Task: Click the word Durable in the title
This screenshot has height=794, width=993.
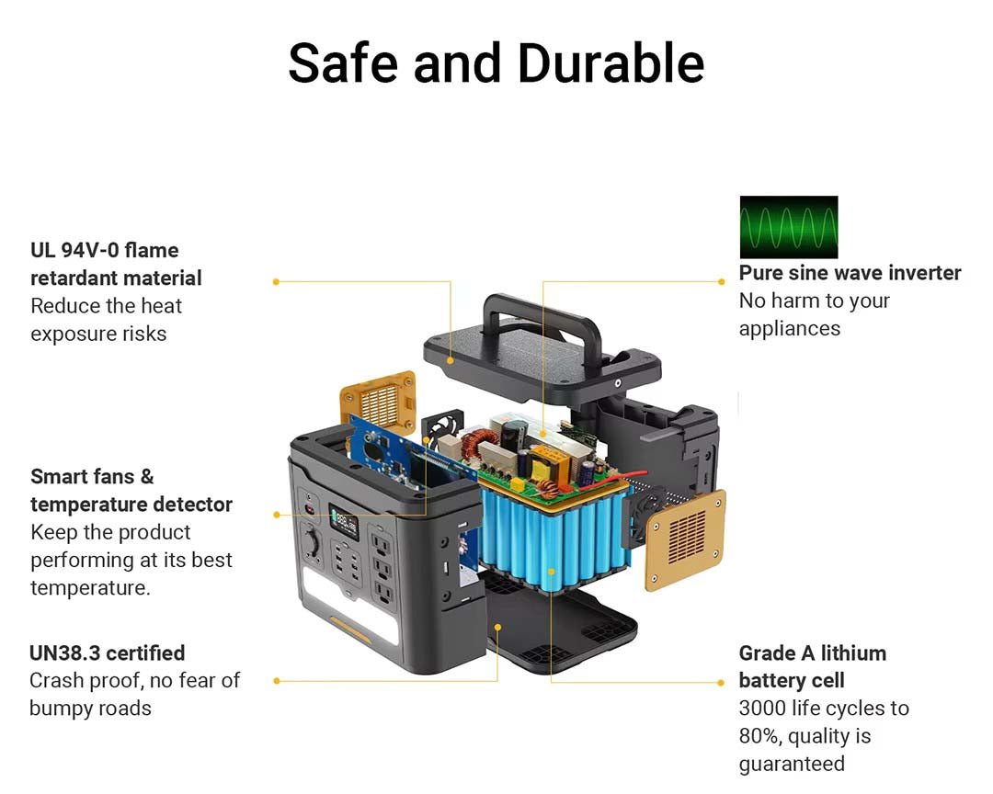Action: (611, 63)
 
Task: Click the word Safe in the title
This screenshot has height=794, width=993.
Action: (343, 63)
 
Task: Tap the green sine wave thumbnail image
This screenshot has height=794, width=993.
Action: (788, 227)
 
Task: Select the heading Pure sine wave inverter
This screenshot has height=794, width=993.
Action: (850, 273)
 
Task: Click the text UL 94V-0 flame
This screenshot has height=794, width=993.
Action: (104, 250)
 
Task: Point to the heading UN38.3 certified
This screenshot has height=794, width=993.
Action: (107, 653)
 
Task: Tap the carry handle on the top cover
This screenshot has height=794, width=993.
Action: (542, 317)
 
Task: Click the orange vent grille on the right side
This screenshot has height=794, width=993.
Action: (686, 539)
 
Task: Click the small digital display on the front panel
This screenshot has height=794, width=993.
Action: (345, 524)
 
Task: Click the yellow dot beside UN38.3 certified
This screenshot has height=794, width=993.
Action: (276, 681)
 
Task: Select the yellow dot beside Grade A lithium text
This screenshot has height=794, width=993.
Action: (721, 682)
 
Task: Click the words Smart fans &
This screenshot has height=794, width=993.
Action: (92, 477)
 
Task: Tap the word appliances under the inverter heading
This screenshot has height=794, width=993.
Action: (789, 328)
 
